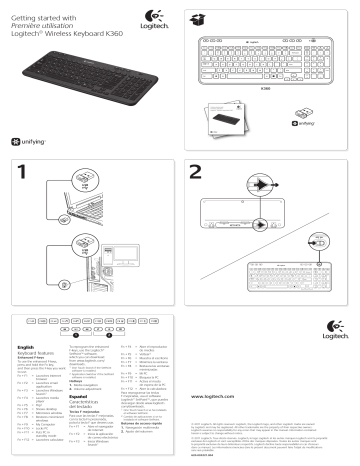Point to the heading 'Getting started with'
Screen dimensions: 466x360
point(40,9)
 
